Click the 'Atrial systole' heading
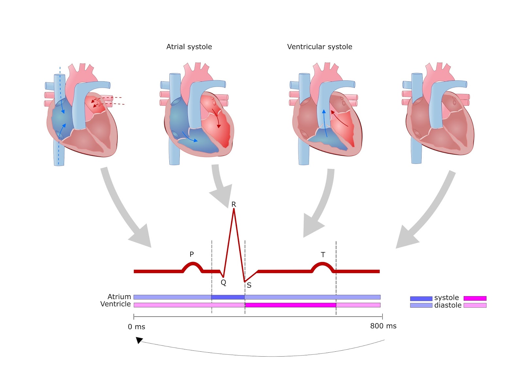pyautogui.click(x=189, y=47)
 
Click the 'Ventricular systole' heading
pyautogui.click(x=319, y=47)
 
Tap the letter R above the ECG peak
pyautogui.click(x=233, y=204)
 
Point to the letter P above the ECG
pyautogui.click(x=192, y=254)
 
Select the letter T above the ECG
pyautogui.click(x=323, y=255)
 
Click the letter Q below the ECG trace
pyautogui.click(x=223, y=282)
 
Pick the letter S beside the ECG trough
pyautogui.click(x=249, y=285)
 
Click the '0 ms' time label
pyautogui.click(x=136, y=327)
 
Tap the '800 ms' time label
pyautogui.click(x=383, y=326)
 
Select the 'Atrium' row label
pyautogui.click(x=119, y=297)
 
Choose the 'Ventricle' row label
pyautogui.click(x=115, y=304)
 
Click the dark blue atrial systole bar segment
pyautogui.click(x=228, y=297)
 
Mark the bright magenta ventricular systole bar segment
pyautogui.click(x=290, y=305)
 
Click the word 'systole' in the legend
pyautogui.click(x=447, y=298)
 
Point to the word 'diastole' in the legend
pyautogui.click(x=448, y=305)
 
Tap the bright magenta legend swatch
pyautogui.click(x=475, y=298)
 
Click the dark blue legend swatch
pyautogui.click(x=421, y=298)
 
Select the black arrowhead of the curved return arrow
pyautogui.click(x=139, y=340)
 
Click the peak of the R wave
pyautogui.click(x=234, y=209)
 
